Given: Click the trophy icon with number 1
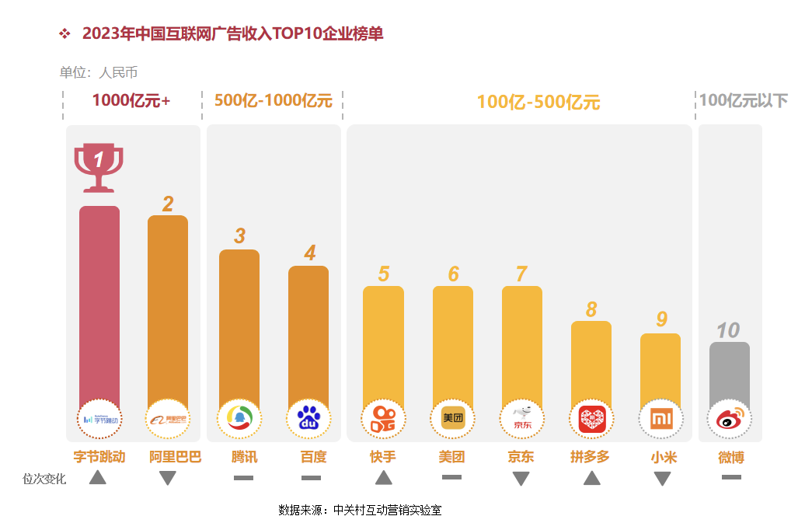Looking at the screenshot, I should (x=99, y=166).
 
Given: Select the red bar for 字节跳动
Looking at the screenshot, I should (x=99, y=303).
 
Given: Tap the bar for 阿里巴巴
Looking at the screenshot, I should (x=168, y=307).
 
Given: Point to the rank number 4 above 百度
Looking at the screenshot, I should (x=310, y=253).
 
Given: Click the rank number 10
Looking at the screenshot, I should (x=728, y=330).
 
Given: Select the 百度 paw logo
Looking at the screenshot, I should (x=309, y=420).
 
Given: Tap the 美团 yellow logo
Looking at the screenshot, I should (x=452, y=419).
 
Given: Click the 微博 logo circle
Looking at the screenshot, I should (x=730, y=420).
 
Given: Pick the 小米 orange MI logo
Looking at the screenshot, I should (x=660, y=420).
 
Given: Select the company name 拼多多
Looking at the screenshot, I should (x=591, y=457).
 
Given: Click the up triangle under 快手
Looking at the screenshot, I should (x=383, y=478).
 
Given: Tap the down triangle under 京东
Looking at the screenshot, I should (x=521, y=479).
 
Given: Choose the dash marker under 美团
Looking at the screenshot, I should (x=451, y=477).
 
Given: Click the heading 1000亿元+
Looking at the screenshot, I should (x=131, y=100).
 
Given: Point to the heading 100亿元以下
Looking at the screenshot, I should (x=743, y=101).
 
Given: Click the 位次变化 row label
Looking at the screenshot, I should (x=44, y=479).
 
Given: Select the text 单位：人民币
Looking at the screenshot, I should (x=99, y=73).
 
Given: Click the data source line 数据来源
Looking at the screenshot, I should (x=360, y=511).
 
